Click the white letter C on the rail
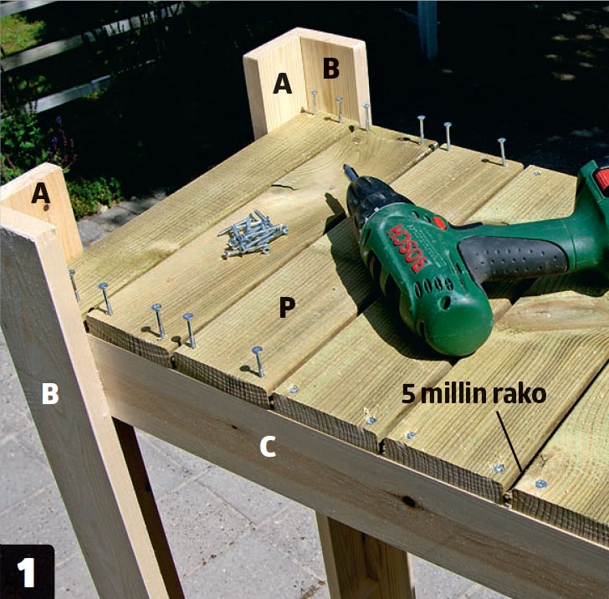pos(268,447)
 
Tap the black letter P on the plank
pos(287,307)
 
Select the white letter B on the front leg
pos(50,393)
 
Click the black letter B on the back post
pos(331,69)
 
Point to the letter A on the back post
pos(283,83)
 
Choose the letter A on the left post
pos(41,193)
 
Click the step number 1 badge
pos(27,571)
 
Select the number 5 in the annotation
pos(408,393)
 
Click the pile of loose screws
pos(253,234)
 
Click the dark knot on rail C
pos(408,501)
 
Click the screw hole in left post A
pos(46,208)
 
